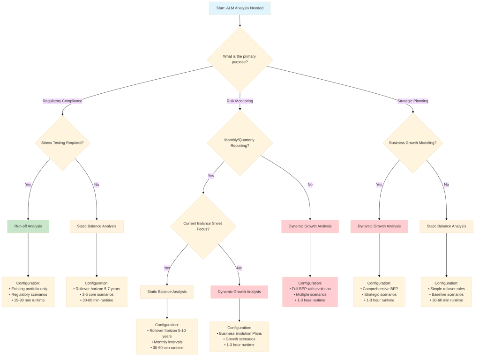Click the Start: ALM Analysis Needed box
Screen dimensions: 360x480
click(240, 8)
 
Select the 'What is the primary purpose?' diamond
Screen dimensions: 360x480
click(240, 60)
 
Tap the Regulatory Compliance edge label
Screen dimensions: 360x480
click(62, 101)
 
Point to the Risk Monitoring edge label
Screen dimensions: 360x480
click(240, 101)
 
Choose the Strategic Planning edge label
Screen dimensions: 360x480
click(412, 101)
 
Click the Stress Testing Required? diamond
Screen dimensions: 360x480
click(62, 142)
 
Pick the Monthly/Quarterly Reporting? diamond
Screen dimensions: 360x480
click(240, 142)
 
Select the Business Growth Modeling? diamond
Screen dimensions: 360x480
click(412, 142)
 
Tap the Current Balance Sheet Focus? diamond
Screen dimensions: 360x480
click(202, 226)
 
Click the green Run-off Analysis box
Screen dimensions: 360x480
click(28, 226)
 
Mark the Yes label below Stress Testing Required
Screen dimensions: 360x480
click(28, 184)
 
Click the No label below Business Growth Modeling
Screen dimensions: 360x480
click(446, 184)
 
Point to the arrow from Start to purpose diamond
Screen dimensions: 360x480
click(240, 21)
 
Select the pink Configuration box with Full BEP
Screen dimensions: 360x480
click(310, 292)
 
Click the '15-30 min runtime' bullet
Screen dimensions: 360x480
click(28, 300)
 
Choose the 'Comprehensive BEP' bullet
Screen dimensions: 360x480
click(379, 289)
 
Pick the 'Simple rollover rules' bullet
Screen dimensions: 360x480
click(446, 289)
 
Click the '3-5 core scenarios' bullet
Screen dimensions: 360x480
click(97, 294)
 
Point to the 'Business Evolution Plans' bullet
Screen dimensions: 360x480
click(239, 333)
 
